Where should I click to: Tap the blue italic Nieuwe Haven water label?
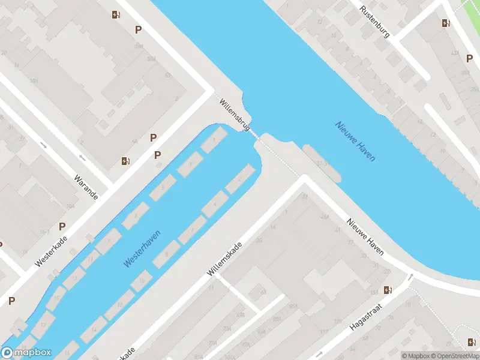tap(355, 142)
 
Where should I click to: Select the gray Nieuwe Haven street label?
tap(365, 236)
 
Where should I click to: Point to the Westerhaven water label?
tap(142, 248)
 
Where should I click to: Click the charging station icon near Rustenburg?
tap(445, 23)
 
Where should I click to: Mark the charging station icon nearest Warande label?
tap(125, 160)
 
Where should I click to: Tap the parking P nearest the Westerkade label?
tap(62, 226)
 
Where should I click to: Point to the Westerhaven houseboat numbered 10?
tap(142, 280)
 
